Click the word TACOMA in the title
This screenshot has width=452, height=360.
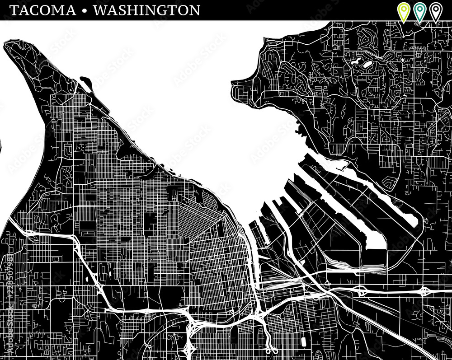click(42, 10)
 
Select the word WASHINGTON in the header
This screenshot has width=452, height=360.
click(146, 10)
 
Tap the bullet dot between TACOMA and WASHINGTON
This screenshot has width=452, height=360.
click(85, 10)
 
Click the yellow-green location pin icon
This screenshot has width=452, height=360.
click(403, 11)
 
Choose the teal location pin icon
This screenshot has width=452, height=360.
click(419, 11)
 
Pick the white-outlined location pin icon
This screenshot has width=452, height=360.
click(435, 11)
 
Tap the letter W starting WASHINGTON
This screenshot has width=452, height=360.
click(100, 10)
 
